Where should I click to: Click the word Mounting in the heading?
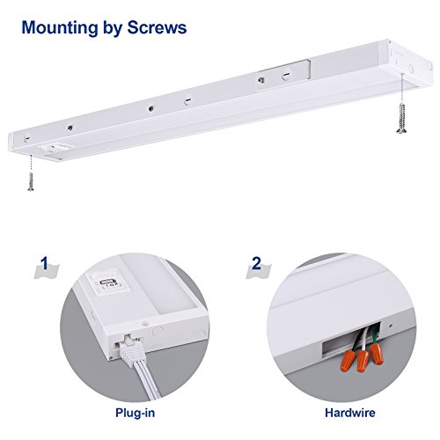(60, 28)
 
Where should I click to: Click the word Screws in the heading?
(157, 27)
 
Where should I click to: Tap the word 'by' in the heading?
(113, 29)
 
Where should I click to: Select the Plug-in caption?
(135, 413)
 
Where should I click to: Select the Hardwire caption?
(350, 413)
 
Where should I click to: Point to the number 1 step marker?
(45, 263)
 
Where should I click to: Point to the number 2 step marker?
(256, 263)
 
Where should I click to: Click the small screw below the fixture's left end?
(31, 181)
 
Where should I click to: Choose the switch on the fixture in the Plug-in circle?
(108, 283)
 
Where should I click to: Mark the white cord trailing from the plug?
(147, 381)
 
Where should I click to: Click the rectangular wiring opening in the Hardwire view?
(351, 340)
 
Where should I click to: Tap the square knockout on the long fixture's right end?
(397, 57)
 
